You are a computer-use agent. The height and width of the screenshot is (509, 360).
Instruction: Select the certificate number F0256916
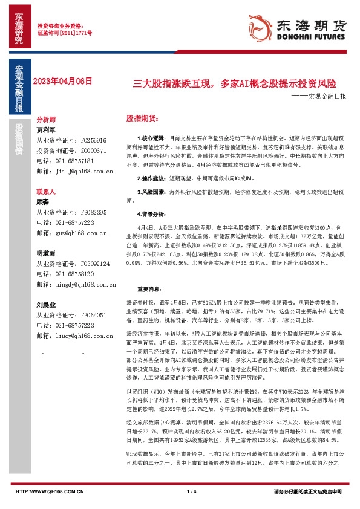(x=93, y=140)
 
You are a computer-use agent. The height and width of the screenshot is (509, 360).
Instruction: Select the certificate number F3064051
(x=93, y=315)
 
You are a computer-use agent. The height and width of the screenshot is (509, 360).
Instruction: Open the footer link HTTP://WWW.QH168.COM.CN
(x=48, y=491)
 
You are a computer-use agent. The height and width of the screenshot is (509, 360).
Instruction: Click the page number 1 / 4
(x=192, y=491)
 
